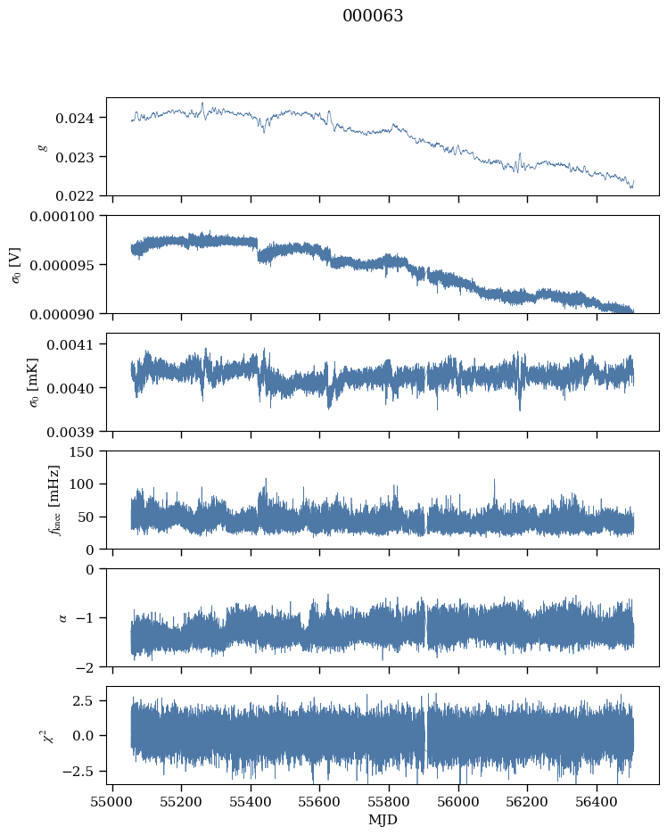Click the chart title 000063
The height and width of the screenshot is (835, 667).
[x=373, y=16]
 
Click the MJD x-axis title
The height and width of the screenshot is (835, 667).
[x=383, y=819]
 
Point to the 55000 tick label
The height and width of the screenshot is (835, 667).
[x=112, y=801]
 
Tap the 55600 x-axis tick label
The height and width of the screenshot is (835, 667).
[x=320, y=801]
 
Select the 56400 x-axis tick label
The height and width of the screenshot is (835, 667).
[x=597, y=801]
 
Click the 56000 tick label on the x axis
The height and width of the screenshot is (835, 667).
[x=458, y=801]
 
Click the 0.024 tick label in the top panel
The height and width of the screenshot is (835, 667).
[x=75, y=119]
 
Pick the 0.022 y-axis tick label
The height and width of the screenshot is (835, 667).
[x=75, y=196]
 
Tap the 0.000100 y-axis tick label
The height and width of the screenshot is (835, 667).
[x=62, y=217]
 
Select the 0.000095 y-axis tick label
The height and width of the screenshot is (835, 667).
[x=62, y=265]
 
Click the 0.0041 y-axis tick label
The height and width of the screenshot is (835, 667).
[x=70, y=345]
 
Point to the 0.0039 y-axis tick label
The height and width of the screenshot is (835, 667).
[x=70, y=432]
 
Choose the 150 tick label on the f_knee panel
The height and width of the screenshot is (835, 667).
[x=81, y=452]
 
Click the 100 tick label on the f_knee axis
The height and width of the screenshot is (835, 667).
[x=81, y=484]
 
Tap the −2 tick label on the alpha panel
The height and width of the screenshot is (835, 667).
[x=85, y=667]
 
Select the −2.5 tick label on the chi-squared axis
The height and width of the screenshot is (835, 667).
[x=78, y=772]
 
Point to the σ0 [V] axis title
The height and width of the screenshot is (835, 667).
[x=17, y=265]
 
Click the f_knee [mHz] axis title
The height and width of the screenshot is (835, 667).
[x=54, y=500]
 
